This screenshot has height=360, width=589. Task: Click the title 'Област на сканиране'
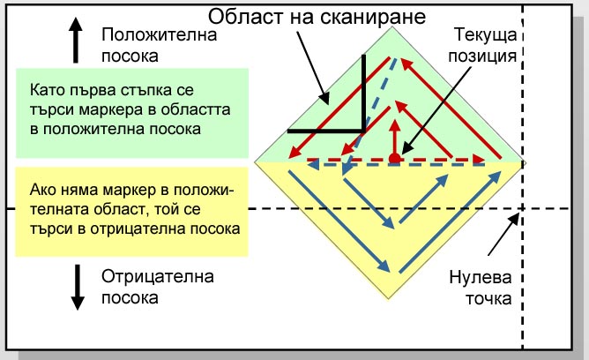pyautogui.click(x=317, y=17)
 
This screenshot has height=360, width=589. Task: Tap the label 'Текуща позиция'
pyautogui.click(x=482, y=45)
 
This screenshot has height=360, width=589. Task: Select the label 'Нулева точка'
pyautogui.click(x=481, y=288)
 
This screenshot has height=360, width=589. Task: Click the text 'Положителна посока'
pyautogui.click(x=160, y=45)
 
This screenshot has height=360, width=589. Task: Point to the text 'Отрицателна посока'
pyautogui.click(x=158, y=287)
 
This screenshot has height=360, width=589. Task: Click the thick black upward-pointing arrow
pyautogui.click(x=76, y=40)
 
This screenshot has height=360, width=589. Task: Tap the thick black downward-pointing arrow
pyautogui.click(x=78, y=287)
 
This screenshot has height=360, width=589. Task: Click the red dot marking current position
pyautogui.click(x=394, y=159)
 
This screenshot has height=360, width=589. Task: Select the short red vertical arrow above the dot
pyautogui.click(x=394, y=137)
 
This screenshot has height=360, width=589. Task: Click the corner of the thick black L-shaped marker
pyautogui.click(x=363, y=131)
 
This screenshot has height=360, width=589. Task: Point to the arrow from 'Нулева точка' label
pyautogui.click(x=503, y=234)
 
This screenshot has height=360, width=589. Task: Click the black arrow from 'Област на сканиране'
pyautogui.click(x=313, y=68)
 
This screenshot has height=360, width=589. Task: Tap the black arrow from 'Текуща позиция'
pyautogui.click(x=436, y=110)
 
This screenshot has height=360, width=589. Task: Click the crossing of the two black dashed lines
pyautogui.click(x=522, y=208)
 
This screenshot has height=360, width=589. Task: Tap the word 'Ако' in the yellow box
pyautogui.click(x=41, y=190)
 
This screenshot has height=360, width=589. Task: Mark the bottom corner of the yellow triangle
pyautogui.click(x=389, y=298)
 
